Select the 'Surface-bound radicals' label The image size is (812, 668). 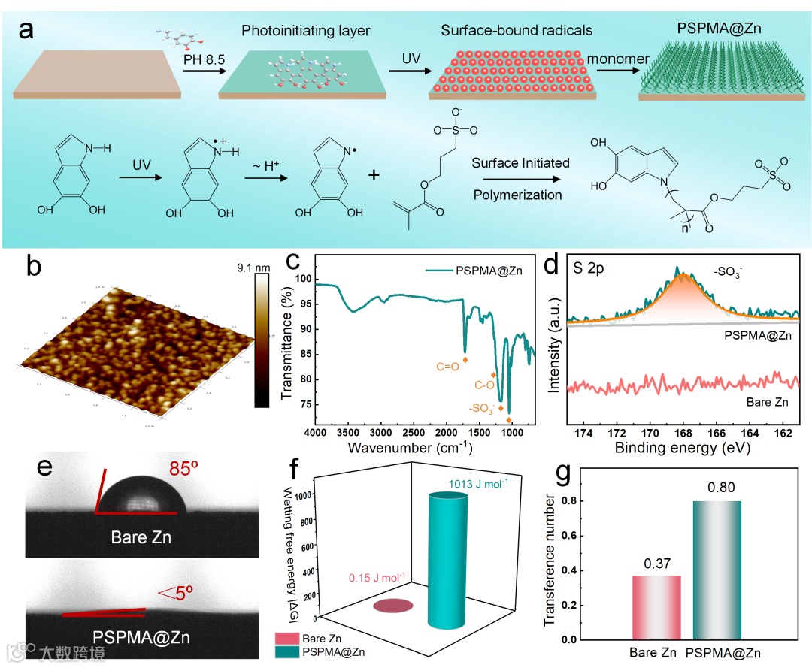[x=517, y=31]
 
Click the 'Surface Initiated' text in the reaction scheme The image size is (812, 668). [x=520, y=162]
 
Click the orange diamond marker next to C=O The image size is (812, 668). [x=465, y=361]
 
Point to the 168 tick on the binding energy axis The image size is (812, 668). [x=683, y=434]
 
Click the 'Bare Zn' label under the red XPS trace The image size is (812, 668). [x=767, y=403]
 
